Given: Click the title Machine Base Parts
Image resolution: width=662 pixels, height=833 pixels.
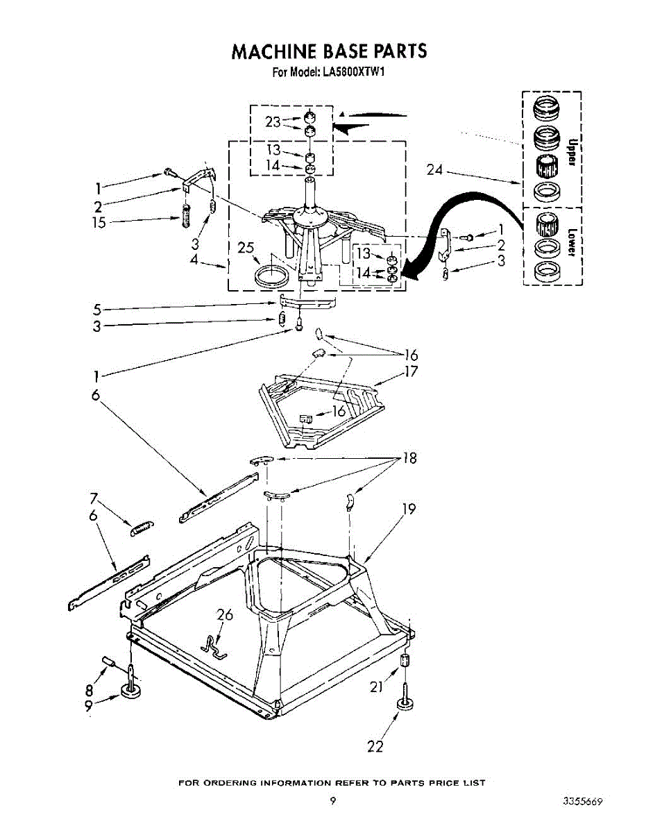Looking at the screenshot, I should coord(330,51).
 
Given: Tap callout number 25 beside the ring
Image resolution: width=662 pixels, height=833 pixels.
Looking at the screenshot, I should coord(247,248).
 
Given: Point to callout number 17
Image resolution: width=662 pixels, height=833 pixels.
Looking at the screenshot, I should coord(411,371).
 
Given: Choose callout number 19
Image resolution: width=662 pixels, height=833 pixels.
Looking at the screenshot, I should coord(409,509).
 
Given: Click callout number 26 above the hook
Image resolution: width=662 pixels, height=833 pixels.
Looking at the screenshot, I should coord(225,614).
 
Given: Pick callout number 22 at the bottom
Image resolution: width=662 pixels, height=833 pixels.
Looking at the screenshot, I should coord(375,746).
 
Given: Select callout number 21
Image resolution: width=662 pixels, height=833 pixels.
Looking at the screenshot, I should coord(376,687).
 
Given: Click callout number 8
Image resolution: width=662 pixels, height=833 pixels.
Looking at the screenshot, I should coord(89,689).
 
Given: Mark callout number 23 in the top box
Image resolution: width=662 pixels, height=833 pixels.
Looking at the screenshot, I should coord(273,121).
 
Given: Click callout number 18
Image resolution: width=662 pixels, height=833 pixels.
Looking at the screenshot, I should coord(409,459).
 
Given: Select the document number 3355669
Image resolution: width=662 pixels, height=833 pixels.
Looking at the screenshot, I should coord(582,800).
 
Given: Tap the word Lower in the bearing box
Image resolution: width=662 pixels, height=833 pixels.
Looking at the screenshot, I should coord(572,243).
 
